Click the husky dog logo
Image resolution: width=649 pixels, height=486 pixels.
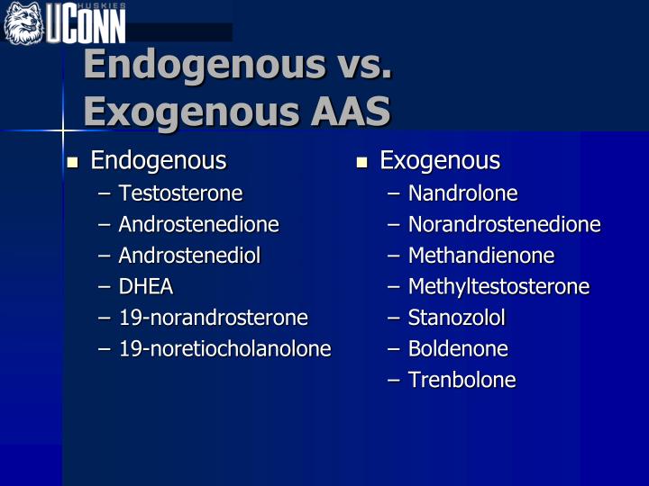tap(23, 23)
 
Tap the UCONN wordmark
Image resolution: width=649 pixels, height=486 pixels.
tap(86, 23)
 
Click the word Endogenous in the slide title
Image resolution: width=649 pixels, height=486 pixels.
tap(205, 66)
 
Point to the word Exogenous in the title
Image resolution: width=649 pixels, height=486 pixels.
tap(191, 112)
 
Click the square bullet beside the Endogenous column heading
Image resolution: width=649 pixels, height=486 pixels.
tap(72, 162)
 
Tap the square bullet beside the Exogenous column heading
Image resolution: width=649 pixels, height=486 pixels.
tap(361, 162)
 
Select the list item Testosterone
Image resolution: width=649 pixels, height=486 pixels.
tap(180, 193)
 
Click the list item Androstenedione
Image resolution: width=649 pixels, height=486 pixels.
tap(198, 224)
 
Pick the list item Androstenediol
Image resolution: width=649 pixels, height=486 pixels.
tap(189, 256)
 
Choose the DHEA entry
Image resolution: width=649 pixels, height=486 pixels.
tap(146, 286)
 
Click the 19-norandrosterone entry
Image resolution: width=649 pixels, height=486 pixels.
tap(213, 318)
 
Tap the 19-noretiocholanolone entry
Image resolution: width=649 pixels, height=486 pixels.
tap(224, 348)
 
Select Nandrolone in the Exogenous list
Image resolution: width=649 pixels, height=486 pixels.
tap(462, 193)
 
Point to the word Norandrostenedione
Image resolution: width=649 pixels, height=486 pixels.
tap(504, 224)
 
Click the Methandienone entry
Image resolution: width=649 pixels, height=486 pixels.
tap(481, 256)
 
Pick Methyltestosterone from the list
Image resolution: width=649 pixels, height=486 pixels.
tap(498, 287)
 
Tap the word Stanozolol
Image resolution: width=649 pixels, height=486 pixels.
tap(456, 318)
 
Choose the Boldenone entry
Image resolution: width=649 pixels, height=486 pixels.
tap(458, 348)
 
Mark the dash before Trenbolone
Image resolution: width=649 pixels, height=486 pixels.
tap(394, 380)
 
